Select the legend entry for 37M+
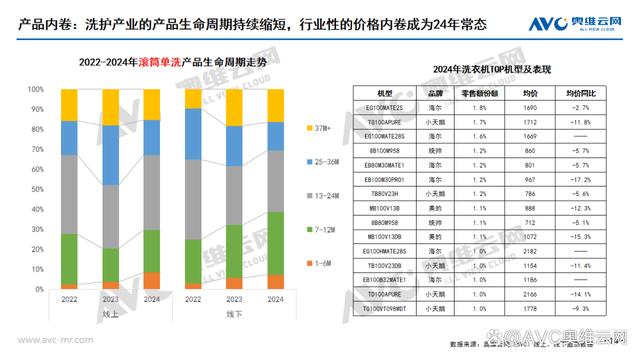click(319, 128)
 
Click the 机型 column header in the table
click(384, 91)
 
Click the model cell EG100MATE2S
click(384, 105)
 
